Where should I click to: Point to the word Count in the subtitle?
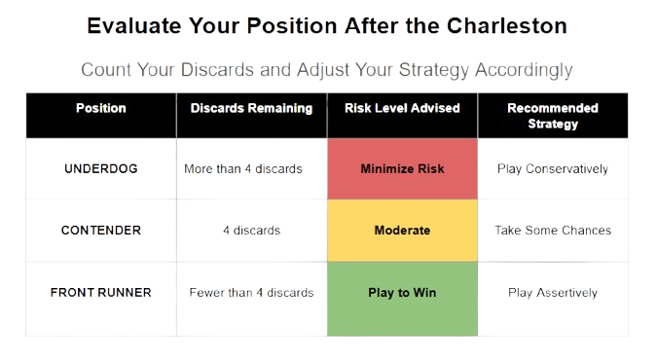[x=107, y=70]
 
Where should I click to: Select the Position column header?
[x=100, y=108]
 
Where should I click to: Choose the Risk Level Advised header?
[x=402, y=108]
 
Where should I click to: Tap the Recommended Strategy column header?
[x=553, y=115]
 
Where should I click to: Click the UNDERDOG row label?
[x=101, y=168]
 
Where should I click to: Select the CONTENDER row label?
[x=101, y=231]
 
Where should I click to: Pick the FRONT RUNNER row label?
[x=101, y=293]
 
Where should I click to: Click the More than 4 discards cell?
[x=243, y=168]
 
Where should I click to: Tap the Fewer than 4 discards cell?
[x=251, y=293]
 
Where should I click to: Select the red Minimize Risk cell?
[x=402, y=168]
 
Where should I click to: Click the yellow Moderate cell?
[x=402, y=231]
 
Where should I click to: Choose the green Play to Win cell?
[x=402, y=293]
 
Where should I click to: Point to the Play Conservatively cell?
[x=553, y=168]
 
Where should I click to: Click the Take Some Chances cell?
[x=553, y=231]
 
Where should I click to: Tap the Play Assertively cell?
[x=553, y=293]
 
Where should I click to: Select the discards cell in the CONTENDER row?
[x=251, y=231]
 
